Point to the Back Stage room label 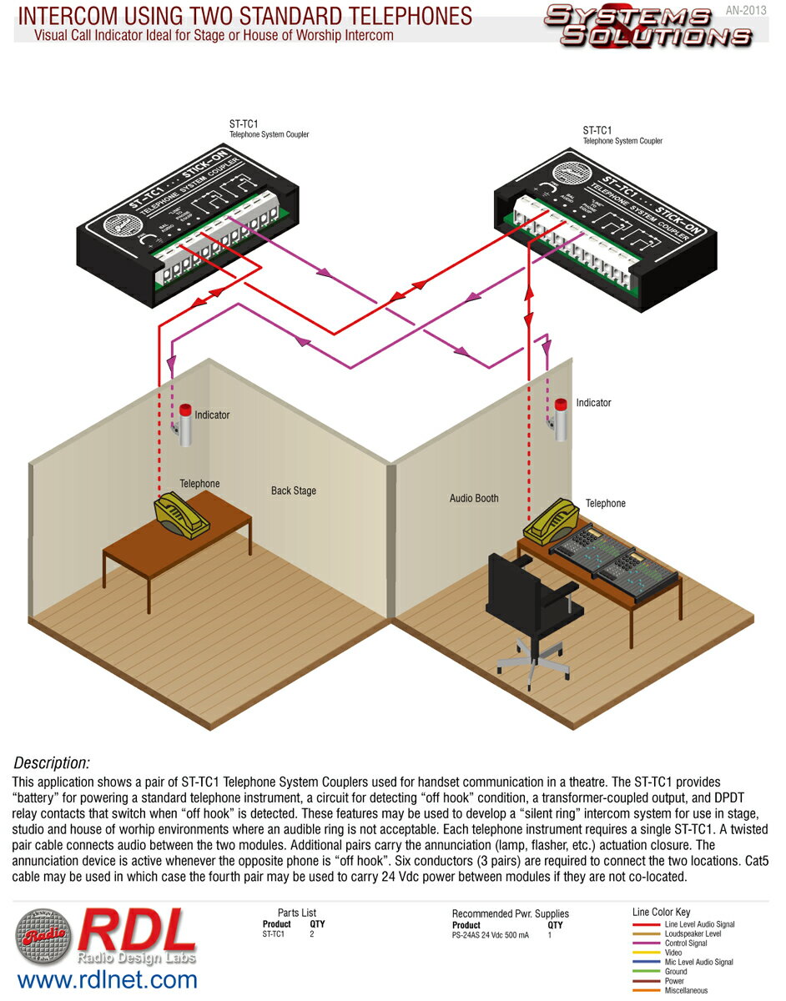(294, 490)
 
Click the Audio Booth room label (474, 498)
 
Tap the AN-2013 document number (746, 10)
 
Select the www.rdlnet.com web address (107, 978)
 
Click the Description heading (52, 762)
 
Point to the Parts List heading (297, 913)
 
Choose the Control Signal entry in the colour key (686, 943)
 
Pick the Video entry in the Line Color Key (673, 953)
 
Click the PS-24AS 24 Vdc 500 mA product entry (491, 935)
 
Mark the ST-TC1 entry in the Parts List (274, 934)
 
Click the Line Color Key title (662, 913)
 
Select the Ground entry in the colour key (676, 972)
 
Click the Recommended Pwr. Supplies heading (511, 914)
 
